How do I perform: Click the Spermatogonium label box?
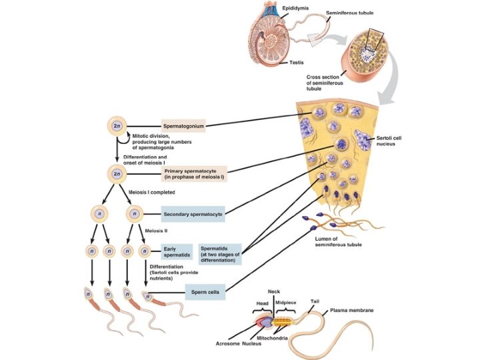183,126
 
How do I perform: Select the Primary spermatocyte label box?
195,174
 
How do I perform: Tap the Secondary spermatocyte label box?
193,214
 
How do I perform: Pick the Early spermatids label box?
177,251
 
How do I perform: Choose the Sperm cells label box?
205,292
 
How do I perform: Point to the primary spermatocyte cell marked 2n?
117,174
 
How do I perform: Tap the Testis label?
296,63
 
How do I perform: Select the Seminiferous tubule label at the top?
349,13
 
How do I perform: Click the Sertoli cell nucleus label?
389,141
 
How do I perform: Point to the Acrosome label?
227,343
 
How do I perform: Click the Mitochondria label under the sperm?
272,338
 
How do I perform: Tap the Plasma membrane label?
352,311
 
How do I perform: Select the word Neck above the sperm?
274,291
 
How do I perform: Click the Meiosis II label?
156,231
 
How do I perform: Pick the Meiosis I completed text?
152,192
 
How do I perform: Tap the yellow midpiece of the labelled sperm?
282,322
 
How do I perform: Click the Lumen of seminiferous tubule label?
338,241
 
